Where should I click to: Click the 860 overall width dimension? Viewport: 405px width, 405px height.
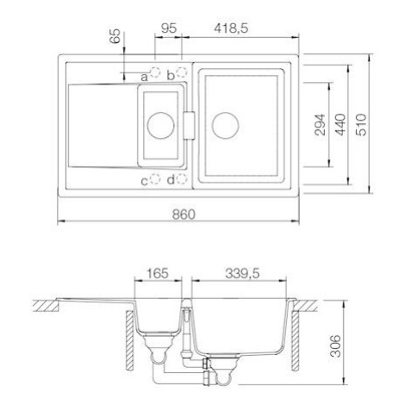(184, 215)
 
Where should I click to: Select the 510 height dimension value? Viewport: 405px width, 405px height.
(361, 125)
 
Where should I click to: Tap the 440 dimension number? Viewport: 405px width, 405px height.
(341, 125)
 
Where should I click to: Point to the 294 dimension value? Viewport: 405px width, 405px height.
(321, 125)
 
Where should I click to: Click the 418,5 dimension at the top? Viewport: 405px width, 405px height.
(231, 28)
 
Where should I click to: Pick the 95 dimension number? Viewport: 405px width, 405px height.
(168, 28)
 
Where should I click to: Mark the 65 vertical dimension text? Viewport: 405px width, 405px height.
(115, 36)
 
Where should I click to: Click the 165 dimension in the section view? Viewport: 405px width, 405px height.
(158, 273)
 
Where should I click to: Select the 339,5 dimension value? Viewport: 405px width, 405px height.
(242, 273)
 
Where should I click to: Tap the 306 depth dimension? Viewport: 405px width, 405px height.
(335, 346)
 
